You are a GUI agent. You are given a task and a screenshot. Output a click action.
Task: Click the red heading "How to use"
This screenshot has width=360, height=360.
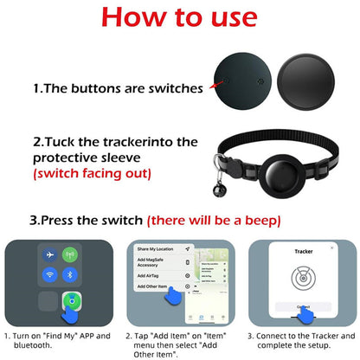(x=179, y=19)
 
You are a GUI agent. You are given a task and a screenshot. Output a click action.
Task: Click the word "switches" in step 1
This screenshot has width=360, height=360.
(x=174, y=88)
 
